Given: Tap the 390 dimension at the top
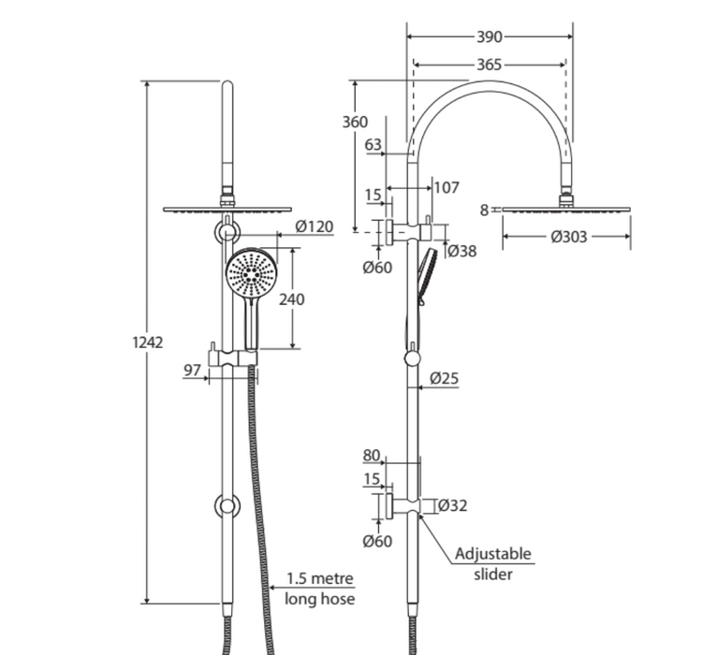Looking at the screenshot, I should point(489,37).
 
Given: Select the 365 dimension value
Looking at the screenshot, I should point(489,65).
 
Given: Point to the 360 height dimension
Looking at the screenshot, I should point(355,123).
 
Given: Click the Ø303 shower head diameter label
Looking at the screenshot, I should point(569,237).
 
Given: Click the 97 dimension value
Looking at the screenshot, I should point(193,371).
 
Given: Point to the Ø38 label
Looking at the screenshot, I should point(460,250).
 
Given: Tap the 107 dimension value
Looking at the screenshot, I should point(446,187).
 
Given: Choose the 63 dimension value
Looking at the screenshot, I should point(373,144).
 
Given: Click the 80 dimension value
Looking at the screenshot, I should point(372,457).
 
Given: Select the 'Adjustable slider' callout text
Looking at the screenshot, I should point(493,563).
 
